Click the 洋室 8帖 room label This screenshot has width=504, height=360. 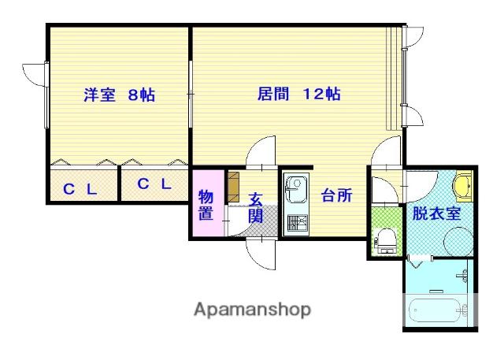tap(119, 95)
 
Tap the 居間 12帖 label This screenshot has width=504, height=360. tap(299, 95)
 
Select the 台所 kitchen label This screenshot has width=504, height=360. tap(336, 195)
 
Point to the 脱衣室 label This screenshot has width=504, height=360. tap(437, 213)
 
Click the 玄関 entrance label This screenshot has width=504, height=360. tap(256, 208)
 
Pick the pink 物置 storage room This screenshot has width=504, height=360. tap(208, 203)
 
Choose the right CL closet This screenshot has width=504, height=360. tap(154, 184)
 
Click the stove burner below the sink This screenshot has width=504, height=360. tap(297, 224)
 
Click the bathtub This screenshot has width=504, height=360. tap(438, 310)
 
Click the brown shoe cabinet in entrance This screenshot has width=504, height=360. tap(234, 187)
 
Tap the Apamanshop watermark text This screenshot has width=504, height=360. tap(253, 310)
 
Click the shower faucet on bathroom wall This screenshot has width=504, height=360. tap(463, 276)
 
